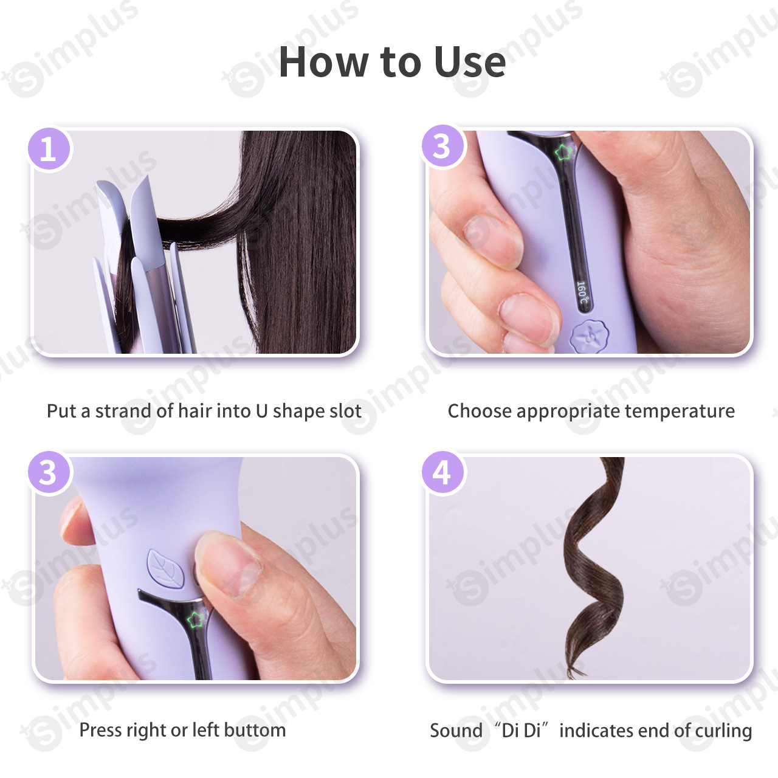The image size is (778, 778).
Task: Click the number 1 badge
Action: (49, 149)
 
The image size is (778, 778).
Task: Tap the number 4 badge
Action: (443, 472)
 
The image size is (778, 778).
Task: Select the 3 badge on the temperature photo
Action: (443, 146)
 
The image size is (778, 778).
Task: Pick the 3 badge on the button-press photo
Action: (49, 472)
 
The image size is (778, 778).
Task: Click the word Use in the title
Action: (470, 62)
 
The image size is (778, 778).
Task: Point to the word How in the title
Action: (323, 62)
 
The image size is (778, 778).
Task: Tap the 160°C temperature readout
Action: (583, 293)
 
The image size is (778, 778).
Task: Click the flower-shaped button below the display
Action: (589, 337)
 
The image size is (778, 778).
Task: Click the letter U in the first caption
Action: (261, 411)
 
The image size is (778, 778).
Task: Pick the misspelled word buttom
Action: (255, 730)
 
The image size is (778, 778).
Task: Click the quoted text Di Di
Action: (521, 731)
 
